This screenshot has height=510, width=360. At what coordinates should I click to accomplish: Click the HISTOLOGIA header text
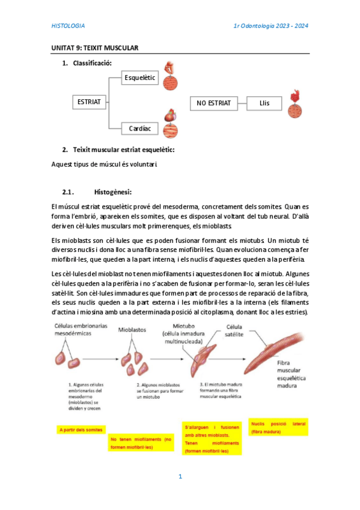click(x=68, y=26)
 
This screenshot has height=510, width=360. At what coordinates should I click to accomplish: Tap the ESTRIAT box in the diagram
click(x=90, y=102)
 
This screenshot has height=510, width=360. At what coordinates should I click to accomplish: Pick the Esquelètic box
click(x=139, y=78)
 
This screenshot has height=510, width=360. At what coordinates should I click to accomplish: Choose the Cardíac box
click(x=139, y=128)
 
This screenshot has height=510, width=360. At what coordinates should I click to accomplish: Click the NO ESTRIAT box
click(x=213, y=103)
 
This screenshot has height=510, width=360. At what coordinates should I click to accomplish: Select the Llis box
click(x=264, y=103)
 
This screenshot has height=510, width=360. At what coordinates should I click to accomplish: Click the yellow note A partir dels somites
click(x=81, y=429)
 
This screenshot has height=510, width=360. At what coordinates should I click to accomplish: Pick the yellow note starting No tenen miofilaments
click(x=141, y=443)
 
